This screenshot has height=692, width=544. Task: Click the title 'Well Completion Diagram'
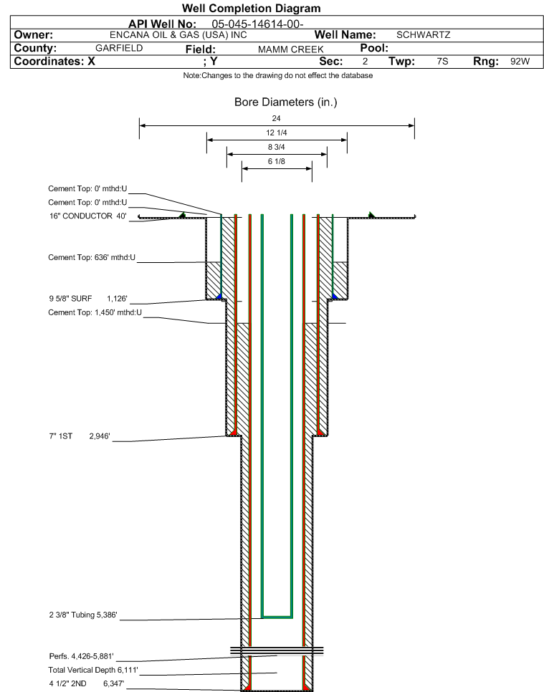point(252,9)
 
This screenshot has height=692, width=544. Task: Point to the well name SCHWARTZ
point(423,34)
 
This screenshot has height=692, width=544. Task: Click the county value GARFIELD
point(119,48)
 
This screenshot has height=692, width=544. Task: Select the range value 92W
point(520,62)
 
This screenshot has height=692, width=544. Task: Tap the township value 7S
point(442,62)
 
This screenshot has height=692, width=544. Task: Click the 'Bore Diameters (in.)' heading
point(285,102)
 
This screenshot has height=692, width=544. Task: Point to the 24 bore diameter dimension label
point(277,118)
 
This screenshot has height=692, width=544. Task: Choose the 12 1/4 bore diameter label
point(277,133)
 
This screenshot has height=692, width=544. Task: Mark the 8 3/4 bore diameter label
point(277,148)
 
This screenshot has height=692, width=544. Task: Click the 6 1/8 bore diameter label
point(277,162)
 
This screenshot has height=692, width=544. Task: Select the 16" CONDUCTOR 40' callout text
point(87,216)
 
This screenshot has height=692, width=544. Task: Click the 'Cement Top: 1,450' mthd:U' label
point(95,312)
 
